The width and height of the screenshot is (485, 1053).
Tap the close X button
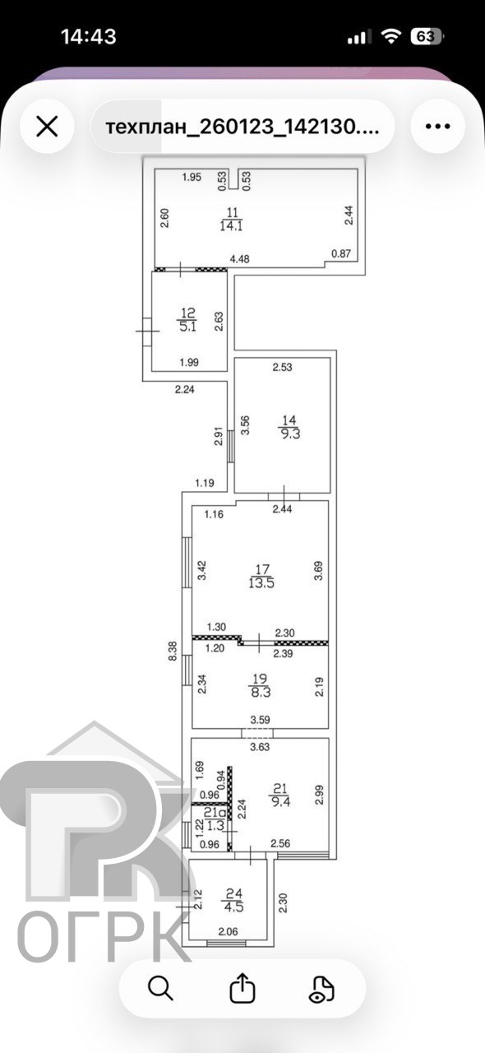[x=47, y=126]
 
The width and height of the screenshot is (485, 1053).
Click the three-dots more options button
[x=437, y=126]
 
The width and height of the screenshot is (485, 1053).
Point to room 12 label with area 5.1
[x=188, y=320]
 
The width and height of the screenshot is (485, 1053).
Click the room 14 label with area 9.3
[x=290, y=427]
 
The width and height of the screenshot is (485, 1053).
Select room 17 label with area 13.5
[x=261, y=577]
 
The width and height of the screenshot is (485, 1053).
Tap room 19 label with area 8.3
[x=261, y=685]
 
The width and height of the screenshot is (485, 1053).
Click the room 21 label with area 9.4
[x=280, y=795]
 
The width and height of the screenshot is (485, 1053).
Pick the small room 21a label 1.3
[x=215, y=819]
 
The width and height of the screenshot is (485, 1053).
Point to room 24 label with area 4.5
[x=233, y=900]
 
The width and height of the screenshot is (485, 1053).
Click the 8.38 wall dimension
[x=173, y=652]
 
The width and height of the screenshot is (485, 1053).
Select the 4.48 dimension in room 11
[x=239, y=259]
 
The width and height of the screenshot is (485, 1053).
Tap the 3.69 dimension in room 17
[x=319, y=570]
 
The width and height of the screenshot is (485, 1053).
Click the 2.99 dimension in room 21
[x=320, y=795]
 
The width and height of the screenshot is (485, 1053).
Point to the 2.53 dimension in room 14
[x=283, y=367]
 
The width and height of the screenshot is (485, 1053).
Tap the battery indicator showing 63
[x=427, y=37]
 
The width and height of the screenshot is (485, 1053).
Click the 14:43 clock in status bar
[x=89, y=36]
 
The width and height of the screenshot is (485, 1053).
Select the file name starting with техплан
[x=242, y=127]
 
